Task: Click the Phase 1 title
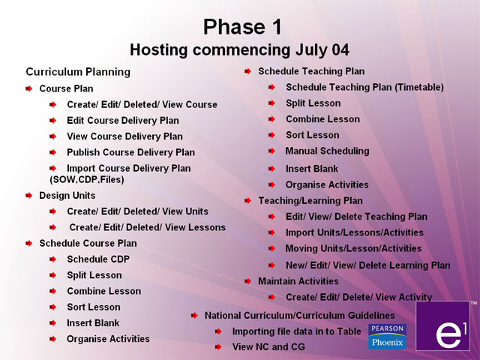(x=242, y=27)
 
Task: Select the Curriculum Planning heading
(x=78, y=72)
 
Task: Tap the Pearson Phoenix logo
(x=387, y=337)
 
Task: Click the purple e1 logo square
(x=442, y=325)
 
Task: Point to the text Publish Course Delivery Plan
(x=131, y=152)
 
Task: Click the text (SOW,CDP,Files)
(x=87, y=179)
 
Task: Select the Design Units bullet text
(x=67, y=196)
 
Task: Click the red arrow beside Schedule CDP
(x=53, y=259)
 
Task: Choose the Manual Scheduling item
(x=327, y=151)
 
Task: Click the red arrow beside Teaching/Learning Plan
(x=247, y=201)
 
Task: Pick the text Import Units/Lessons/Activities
(x=355, y=232)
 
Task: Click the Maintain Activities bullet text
(x=298, y=281)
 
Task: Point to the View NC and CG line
(x=268, y=346)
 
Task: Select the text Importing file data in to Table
(x=297, y=331)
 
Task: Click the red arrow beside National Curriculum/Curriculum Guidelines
(x=194, y=316)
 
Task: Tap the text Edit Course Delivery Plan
(x=123, y=121)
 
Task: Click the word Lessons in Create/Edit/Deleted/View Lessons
(x=207, y=227)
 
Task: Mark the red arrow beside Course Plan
(x=28, y=89)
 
